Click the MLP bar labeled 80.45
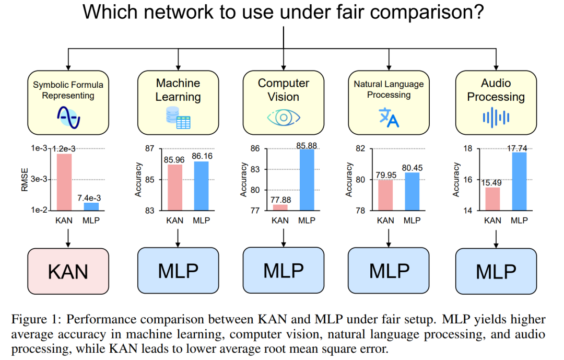(x=412, y=191)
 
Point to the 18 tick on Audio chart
(x=468, y=149)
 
